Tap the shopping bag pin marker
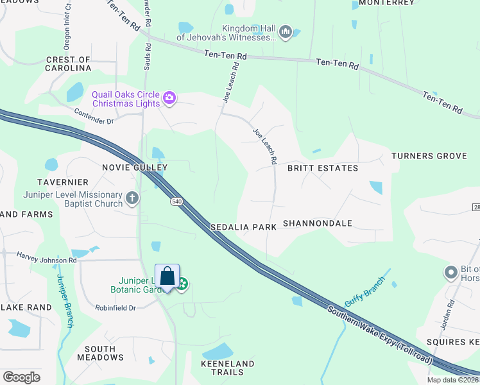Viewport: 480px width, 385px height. (x=167, y=277)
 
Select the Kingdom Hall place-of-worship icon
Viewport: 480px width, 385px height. (x=286, y=31)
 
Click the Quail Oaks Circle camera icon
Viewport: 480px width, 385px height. (x=169, y=98)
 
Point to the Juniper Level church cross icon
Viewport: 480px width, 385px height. (x=132, y=198)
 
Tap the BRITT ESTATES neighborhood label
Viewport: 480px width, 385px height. (x=322, y=168)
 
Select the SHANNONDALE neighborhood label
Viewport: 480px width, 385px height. (x=318, y=223)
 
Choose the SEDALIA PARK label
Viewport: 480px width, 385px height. (x=243, y=227)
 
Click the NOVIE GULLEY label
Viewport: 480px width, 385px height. (x=135, y=167)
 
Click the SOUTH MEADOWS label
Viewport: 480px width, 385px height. (x=100, y=353)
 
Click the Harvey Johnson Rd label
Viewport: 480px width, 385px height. (x=46, y=260)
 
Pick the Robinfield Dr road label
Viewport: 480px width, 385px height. (x=115, y=307)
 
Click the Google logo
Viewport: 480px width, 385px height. (x=21, y=377)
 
